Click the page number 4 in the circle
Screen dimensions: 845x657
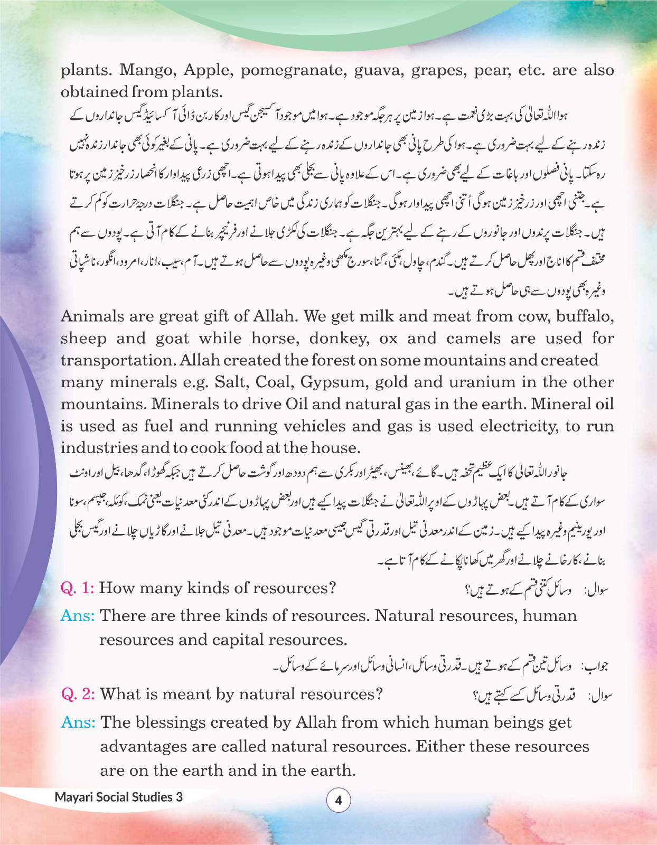(339, 801)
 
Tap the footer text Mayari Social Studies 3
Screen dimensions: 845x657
(118, 797)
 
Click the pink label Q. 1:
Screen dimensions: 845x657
(78, 588)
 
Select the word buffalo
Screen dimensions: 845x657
(585, 316)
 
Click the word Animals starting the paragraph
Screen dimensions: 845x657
(92, 316)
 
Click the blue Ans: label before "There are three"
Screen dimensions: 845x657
(78, 616)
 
